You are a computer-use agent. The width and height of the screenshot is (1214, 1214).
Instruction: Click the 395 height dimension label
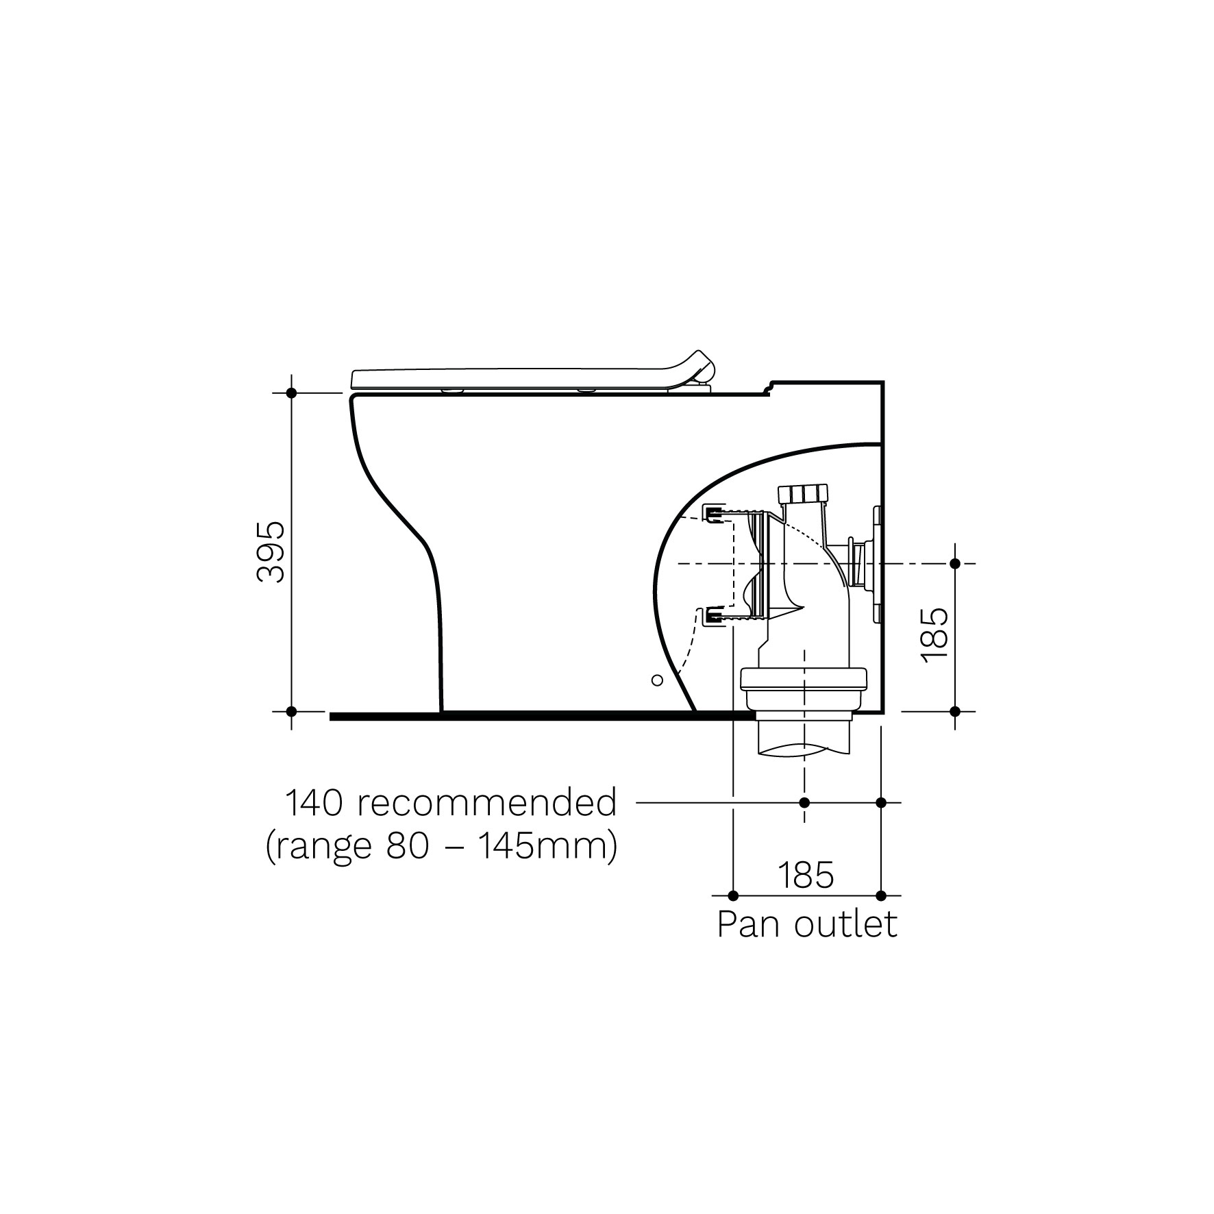pyautogui.click(x=269, y=552)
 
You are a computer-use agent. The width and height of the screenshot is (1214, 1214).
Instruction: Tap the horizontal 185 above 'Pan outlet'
pyautogui.click(x=806, y=874)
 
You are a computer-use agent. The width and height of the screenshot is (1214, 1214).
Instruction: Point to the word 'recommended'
pyautogui.click(x=487, y=803)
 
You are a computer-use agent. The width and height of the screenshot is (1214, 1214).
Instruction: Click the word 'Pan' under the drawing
pyautogui.click(x=748, y=925)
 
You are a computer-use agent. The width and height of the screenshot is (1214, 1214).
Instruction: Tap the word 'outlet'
pyautogui.click(x=845, y=925)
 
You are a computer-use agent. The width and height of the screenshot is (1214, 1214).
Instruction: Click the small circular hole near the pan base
pyautogui.click(x=656, y=680)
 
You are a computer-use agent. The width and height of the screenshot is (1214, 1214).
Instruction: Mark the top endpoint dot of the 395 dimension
pyautogui.click(x=291, y=393)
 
